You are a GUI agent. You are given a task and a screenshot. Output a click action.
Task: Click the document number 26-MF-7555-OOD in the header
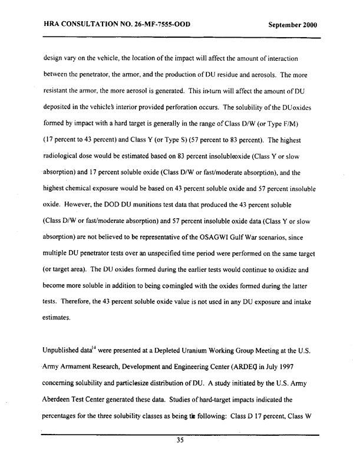[x=157, y=26]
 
